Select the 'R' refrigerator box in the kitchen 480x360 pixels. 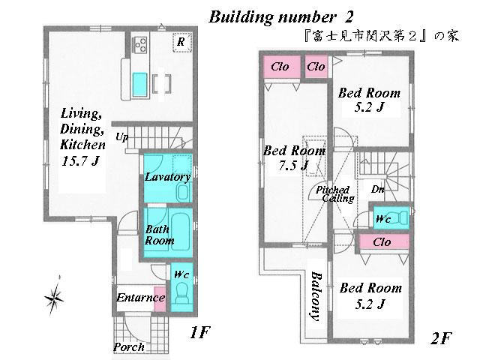coord(181,43)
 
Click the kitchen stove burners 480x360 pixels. coord(140,46)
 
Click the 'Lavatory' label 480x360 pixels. coord(166,177)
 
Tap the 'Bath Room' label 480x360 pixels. coord(159,235)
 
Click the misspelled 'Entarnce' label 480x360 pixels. coord(140,298)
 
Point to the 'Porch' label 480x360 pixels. coord(128,347)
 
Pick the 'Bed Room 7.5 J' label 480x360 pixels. coord(294,157)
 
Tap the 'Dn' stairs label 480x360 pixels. coord(378,189)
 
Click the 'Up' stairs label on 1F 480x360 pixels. coord(121,137)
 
